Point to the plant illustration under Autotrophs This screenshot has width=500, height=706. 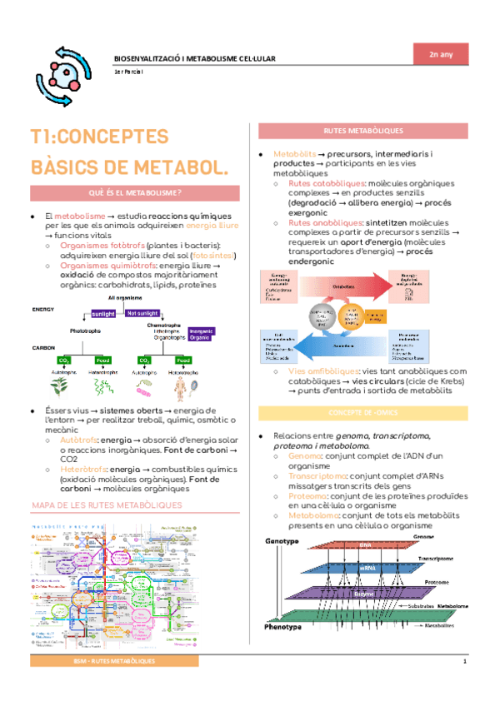click(60, 385)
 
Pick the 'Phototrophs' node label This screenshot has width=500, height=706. click(85, 331)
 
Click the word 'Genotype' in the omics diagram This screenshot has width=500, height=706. click(282, 542)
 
